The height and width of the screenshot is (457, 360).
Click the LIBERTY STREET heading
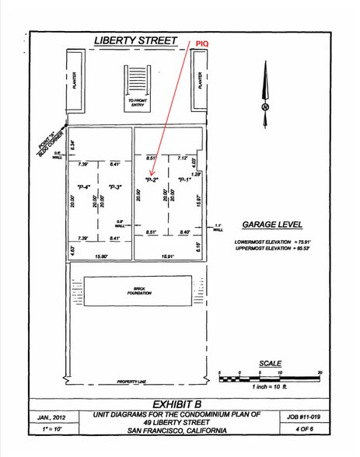[135, 40]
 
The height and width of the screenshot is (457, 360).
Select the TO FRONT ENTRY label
[137, 103]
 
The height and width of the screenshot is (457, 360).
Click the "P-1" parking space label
[184, 180]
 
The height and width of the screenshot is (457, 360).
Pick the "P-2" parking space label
[152, 180]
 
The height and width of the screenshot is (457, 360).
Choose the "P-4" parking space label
[84, 187]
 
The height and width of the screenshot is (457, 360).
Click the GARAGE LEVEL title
[271, 224]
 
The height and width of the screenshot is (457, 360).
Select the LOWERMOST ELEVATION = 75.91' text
[271, 242]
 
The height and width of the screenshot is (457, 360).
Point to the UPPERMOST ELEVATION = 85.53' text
[271, 249]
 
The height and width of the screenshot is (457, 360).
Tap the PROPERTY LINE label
[132, 382]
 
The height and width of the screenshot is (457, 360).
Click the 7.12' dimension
[183, 158]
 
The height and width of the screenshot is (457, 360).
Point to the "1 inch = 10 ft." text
[270, 386]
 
